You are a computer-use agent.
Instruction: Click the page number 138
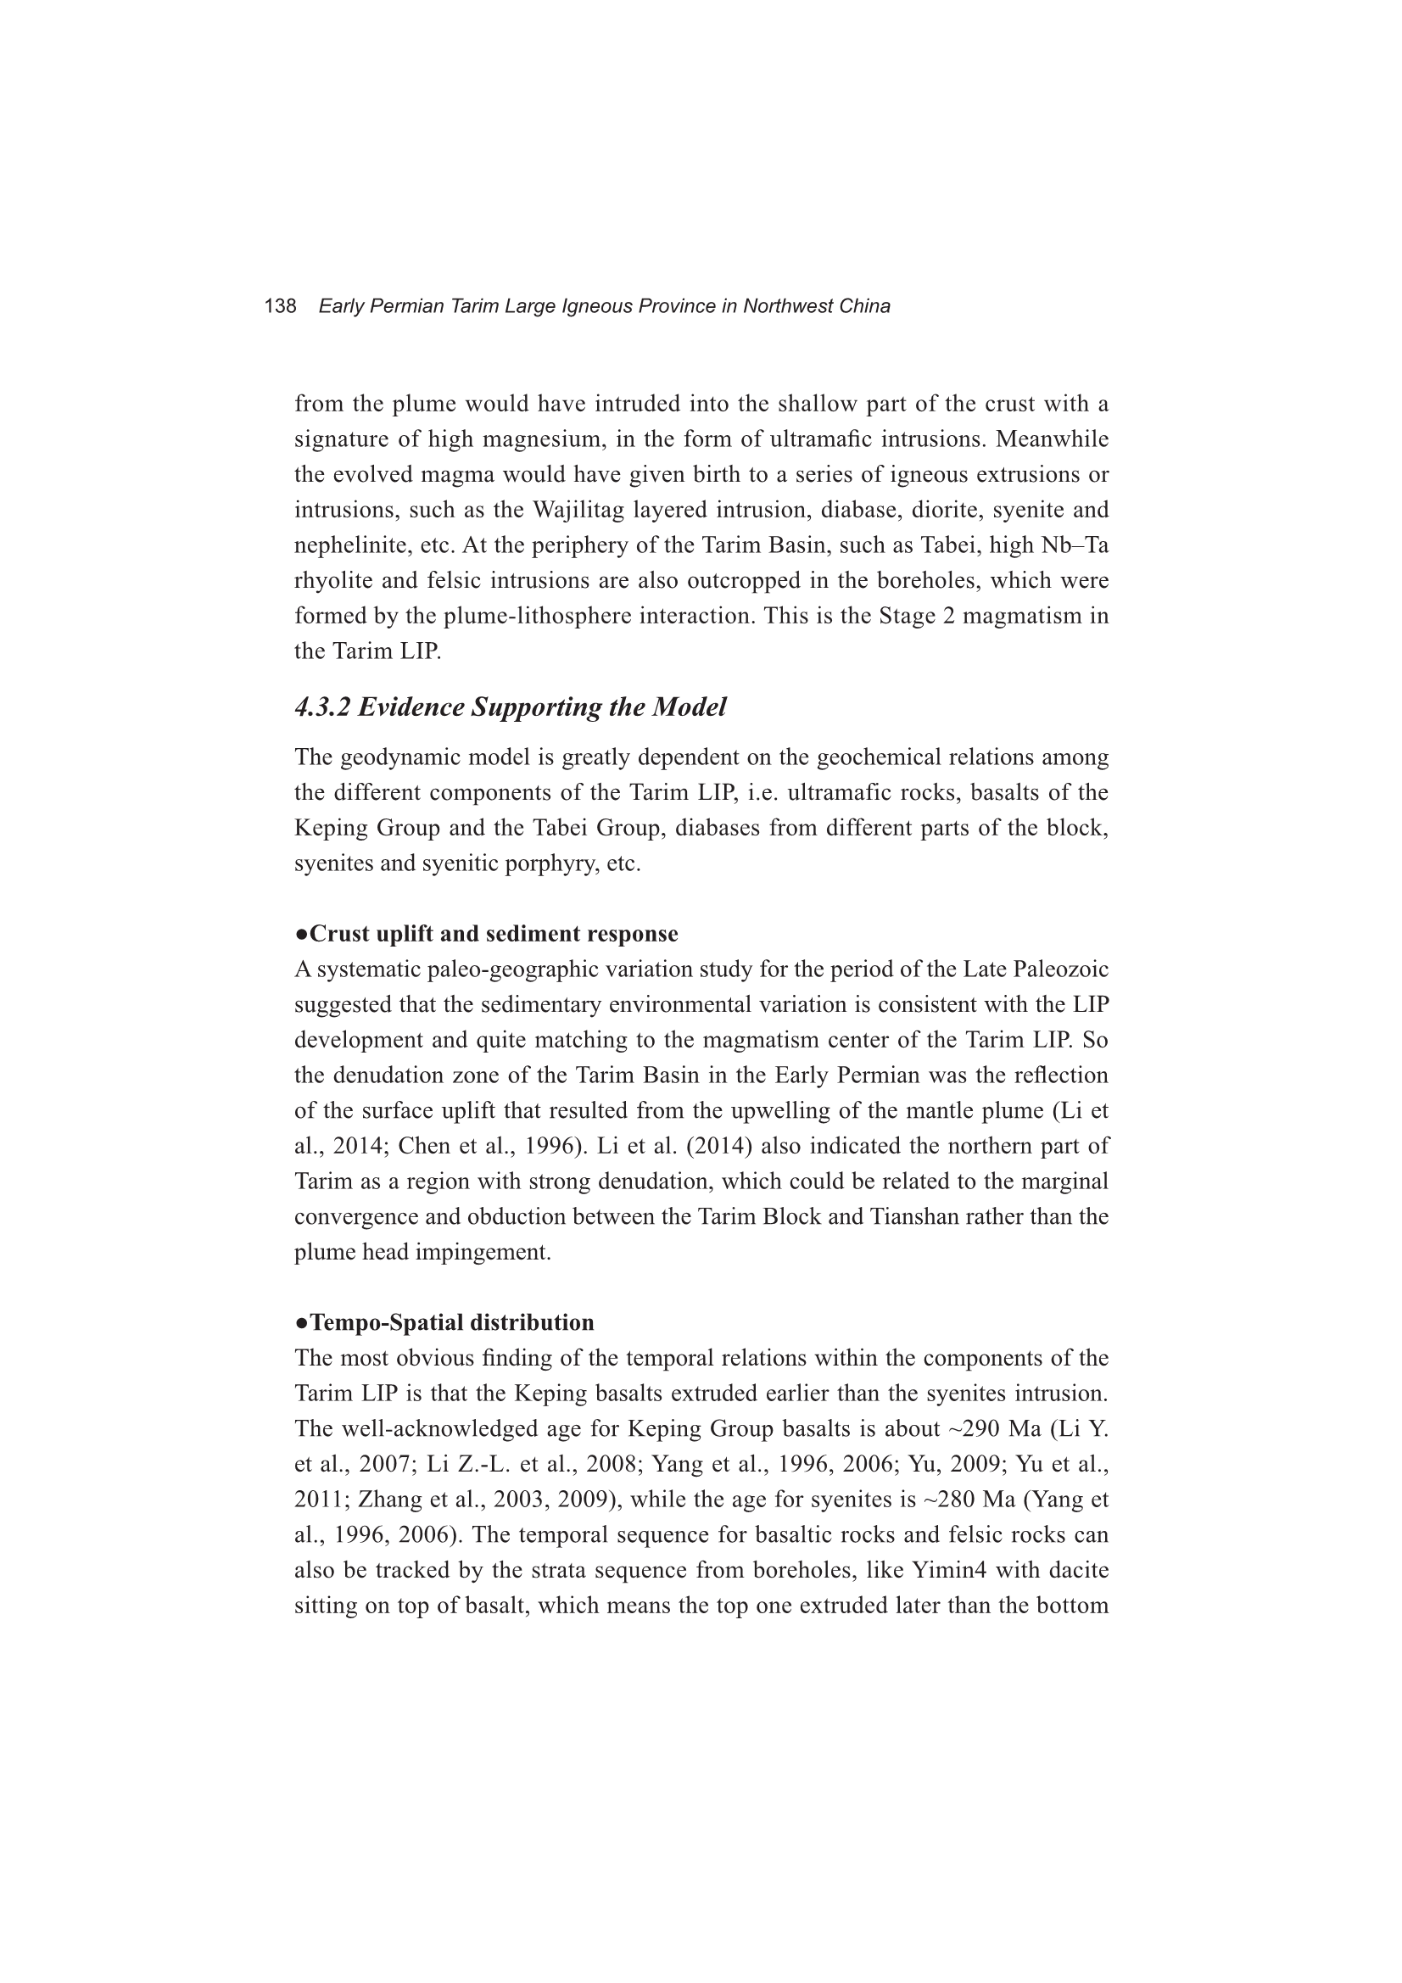[280, 306]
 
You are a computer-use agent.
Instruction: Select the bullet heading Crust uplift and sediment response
[486, 934]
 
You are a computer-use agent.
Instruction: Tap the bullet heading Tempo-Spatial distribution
[444, 1322]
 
